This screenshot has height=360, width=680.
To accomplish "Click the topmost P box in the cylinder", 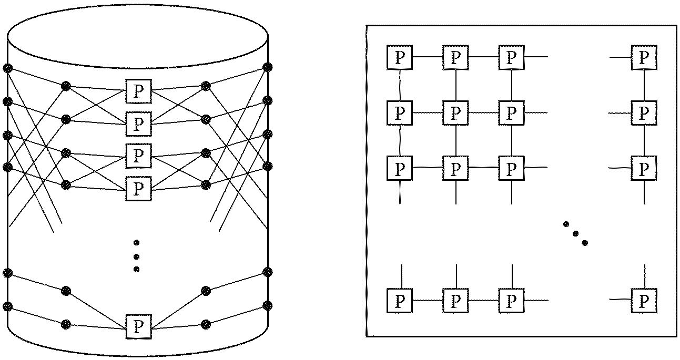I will pos(138,92).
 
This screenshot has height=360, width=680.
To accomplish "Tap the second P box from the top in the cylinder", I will pos(138,124).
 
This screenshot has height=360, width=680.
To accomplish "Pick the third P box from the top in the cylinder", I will pos(138,155).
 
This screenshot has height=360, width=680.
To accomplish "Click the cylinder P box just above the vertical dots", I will pos(138,188).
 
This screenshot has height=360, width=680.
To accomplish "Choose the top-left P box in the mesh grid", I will pos(400,57).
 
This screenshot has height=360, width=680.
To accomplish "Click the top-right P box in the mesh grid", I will pos(644,57).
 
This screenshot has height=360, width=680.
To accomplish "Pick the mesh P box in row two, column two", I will pos(455,112).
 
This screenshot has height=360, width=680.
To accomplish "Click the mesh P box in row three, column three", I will pos(511,168).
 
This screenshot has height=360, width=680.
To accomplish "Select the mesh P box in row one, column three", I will pos(511,57).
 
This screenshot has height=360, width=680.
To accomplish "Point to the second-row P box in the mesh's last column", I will pos(644,112).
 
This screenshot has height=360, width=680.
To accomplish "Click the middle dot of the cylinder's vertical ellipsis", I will pos(136,256).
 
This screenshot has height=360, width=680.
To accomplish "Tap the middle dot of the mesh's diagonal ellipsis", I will pos(575,233).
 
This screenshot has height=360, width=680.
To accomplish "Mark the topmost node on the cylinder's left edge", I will pos(7,68).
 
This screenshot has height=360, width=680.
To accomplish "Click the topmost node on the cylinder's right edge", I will pos(268,67).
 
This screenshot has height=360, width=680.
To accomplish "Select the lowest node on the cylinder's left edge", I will pos(7,306).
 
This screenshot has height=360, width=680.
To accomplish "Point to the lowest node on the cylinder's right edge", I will pos(268,305).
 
